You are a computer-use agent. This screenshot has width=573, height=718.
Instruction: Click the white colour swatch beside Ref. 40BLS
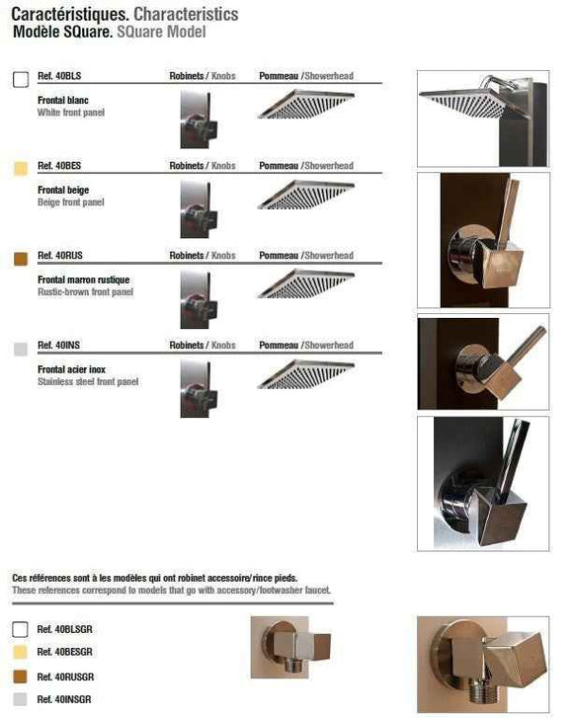tap(21, 79)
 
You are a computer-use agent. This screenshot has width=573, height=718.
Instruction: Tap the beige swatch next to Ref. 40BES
tap(21, 169)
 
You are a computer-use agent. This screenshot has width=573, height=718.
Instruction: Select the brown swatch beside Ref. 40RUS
tap(21, 259)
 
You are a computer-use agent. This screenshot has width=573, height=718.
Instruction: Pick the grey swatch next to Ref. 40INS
tap(21, 349)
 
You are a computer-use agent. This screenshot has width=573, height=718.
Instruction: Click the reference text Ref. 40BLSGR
tap(64, 630)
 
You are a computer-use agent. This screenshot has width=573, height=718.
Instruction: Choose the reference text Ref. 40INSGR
tap(64, 699)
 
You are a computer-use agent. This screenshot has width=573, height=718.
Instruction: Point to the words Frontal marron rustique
tap(83, 279)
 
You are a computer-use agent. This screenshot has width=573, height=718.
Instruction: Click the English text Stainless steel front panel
tap(88, 382)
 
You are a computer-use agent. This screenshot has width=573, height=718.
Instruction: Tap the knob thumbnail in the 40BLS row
tap(199, 120)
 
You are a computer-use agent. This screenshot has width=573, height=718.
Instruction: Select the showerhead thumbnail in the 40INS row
tap(306, 374)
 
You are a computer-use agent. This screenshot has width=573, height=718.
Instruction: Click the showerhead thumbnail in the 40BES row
tap(306, 195)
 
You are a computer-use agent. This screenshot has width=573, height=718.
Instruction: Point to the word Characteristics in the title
tap(186, 14)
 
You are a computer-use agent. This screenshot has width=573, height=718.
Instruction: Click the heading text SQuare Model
tap(161, 32)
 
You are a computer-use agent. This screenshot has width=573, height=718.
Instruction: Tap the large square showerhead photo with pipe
tap(483, 119)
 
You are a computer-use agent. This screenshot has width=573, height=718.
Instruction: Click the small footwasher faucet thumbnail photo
tap(290, 647)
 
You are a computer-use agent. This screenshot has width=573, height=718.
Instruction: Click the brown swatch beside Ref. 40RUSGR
tap(20, 677)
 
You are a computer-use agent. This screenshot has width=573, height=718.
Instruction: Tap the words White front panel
tap(71, 113)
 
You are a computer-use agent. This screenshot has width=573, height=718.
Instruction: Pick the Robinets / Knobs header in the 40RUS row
tap(203, 256)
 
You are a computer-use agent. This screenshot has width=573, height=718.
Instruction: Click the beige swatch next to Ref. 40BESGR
tap(20, 652)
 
